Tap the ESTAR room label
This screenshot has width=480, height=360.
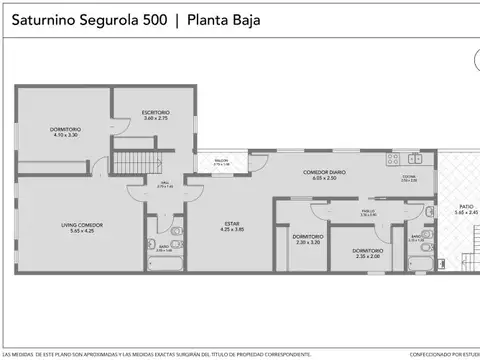click(x=232, y=224)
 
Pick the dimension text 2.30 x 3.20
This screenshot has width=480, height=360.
click(x=308, y=242)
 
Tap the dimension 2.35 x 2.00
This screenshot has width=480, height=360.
click(x=367, y=256)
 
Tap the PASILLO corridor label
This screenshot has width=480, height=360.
click(x=369, y=211)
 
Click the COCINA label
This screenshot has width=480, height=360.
click(x=409, y=176)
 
